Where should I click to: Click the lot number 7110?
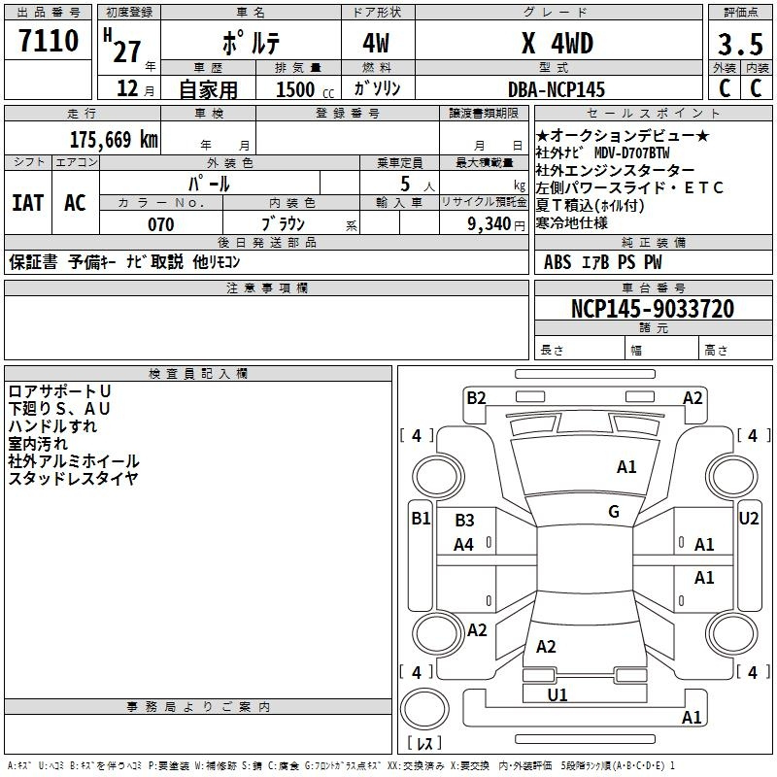tap(49, 41)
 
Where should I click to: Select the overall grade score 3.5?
tap(740, 44)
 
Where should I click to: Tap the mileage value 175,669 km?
tap(114, 140)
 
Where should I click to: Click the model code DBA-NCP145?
tap(557, 89)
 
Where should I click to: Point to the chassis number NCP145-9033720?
tap(653, 308)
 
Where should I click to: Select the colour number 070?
tap(161, 224)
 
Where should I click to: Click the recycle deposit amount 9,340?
tap(490, 224)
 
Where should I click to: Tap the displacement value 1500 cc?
tap(305, 89)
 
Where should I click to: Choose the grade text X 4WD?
tap(557, 44)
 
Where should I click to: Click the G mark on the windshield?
tap(614, 512)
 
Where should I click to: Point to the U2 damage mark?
tap(748, 519)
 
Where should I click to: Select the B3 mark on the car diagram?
tap(464, 521)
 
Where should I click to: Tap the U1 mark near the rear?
tap(557, 694)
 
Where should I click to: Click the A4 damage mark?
tap(464, 545)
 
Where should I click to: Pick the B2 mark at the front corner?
tap(476, 398)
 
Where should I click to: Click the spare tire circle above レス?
tap(424, 709)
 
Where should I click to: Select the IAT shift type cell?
tap(28, 203)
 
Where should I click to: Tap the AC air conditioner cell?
tap(75, 203)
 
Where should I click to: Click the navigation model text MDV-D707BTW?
tap(632, 152)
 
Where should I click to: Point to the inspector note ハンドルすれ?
tap(52, 426)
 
